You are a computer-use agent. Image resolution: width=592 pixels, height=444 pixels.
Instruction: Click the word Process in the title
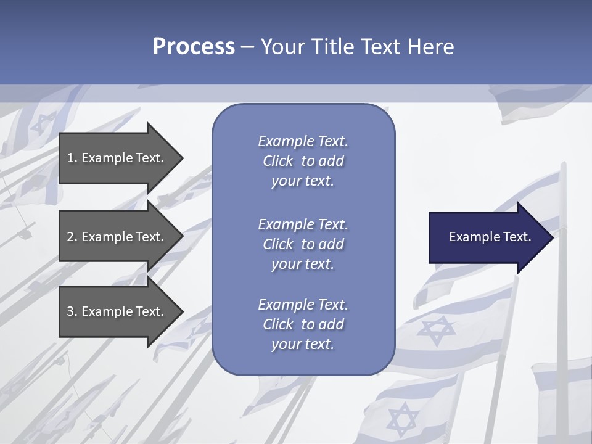coord(194,46)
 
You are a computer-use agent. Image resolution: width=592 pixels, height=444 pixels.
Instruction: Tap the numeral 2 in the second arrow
coord(70,237)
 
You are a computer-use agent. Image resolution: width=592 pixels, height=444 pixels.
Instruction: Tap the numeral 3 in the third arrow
coord(70,311)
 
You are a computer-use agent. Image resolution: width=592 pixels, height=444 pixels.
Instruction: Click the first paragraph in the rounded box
coord(303,161)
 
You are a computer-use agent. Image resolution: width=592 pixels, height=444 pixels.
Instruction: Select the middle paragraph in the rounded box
coord(303,244)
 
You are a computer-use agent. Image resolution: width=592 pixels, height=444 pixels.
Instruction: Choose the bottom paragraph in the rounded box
coord(303,324)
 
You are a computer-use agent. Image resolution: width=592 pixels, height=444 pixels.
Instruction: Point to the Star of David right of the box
coord(435,331)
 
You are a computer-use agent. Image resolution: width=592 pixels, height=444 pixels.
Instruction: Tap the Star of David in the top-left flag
coord(44,124)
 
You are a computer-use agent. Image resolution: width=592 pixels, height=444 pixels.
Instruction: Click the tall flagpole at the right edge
coord(562,308)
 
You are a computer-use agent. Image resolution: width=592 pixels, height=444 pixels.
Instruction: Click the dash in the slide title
coord(247,47)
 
